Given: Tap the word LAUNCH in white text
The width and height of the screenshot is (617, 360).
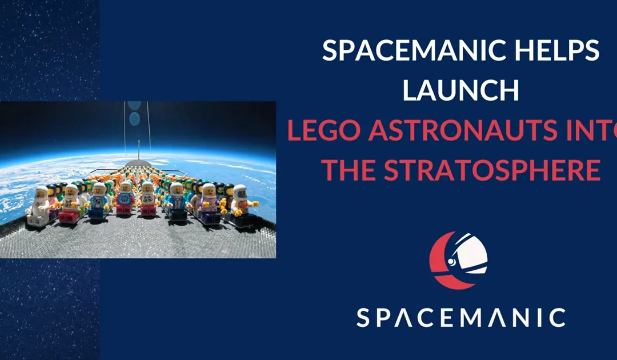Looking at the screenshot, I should [460, 91].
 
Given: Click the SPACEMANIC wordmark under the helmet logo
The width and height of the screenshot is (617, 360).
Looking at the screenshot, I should [461, 318].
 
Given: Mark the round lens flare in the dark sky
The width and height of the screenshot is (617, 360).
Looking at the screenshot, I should [134, 119].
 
